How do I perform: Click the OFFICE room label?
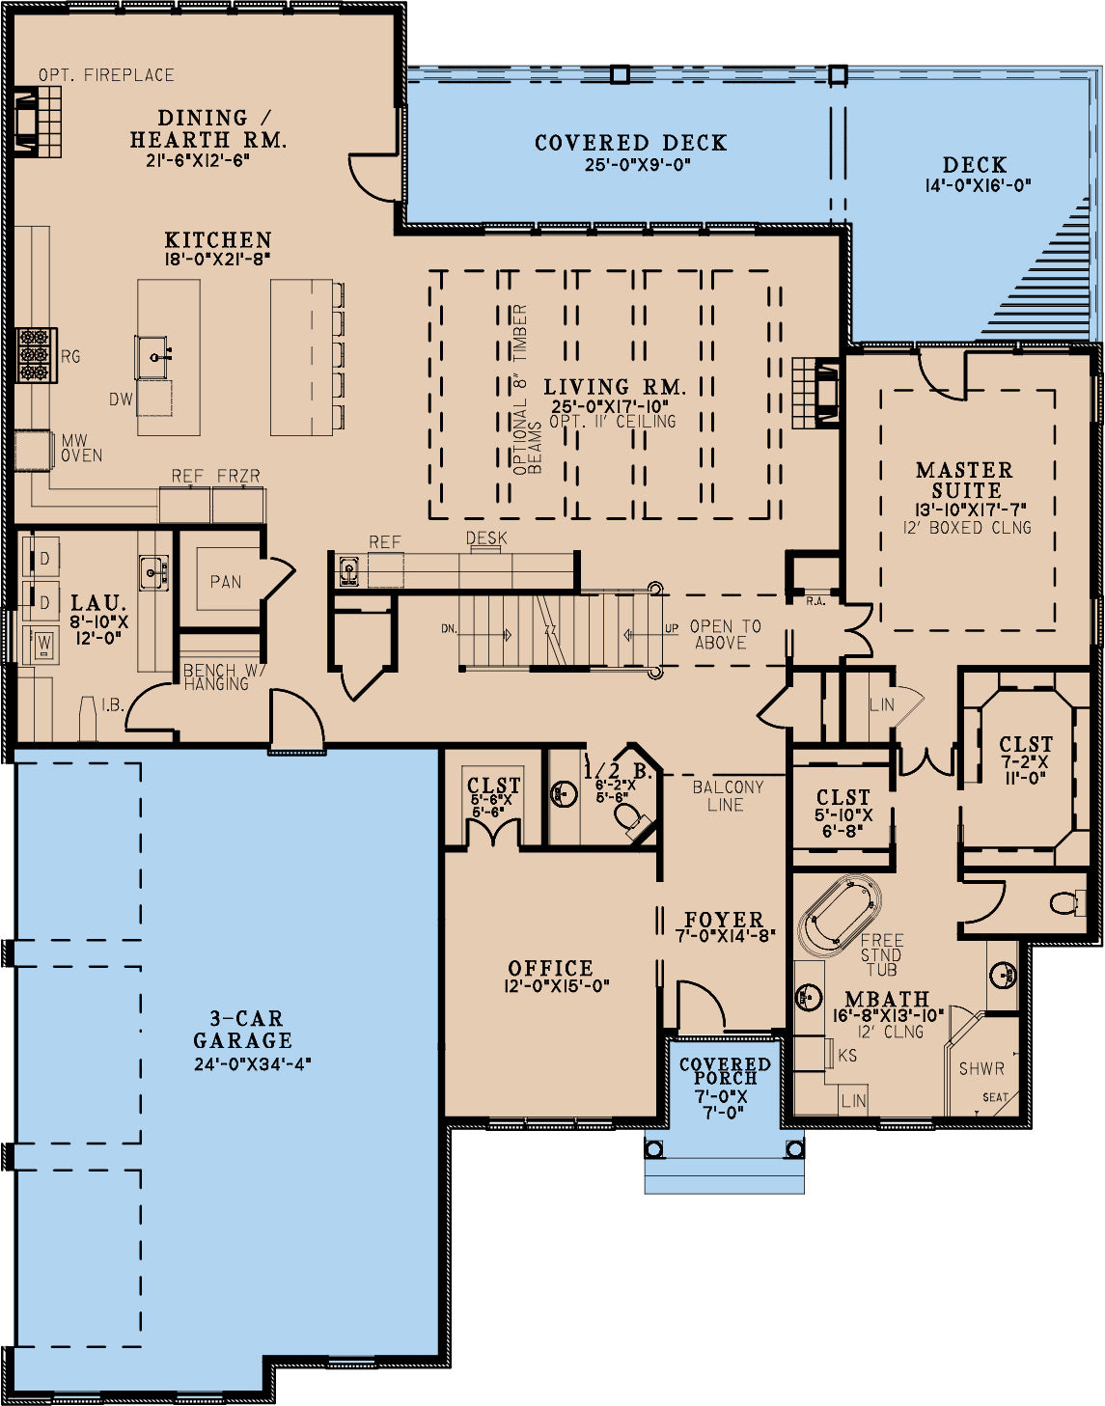pyautogui.click(x=550, y=968)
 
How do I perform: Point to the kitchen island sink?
pyautogui.click(x=154, y=356)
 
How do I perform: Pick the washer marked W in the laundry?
pyautogui.click(x=41, y=643)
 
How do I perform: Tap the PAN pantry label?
pyautogui.click(x=225, y=582)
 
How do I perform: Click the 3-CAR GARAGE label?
pyautogui.click(x=242, y=1030)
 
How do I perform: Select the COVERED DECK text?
pyautogui.click(x=631, y=143)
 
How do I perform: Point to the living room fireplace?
pyautogui.click(x=816, y=392)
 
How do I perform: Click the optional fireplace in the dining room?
pyautogui.click(x=39, y=122)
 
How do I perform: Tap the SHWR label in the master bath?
pyautogui.click(x=981, y=1069)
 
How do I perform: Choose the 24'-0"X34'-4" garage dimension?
pyautogui.click(x=253, y=1064)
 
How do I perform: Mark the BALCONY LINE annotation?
pyautogui.click(x=728, y=796)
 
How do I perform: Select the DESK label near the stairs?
pyautogui.click(x=486, y=538)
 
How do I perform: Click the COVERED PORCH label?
pyautogui.click(x=725, y=1071)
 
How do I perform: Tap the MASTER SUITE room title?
pyautogui.click(x=965, y=480)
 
